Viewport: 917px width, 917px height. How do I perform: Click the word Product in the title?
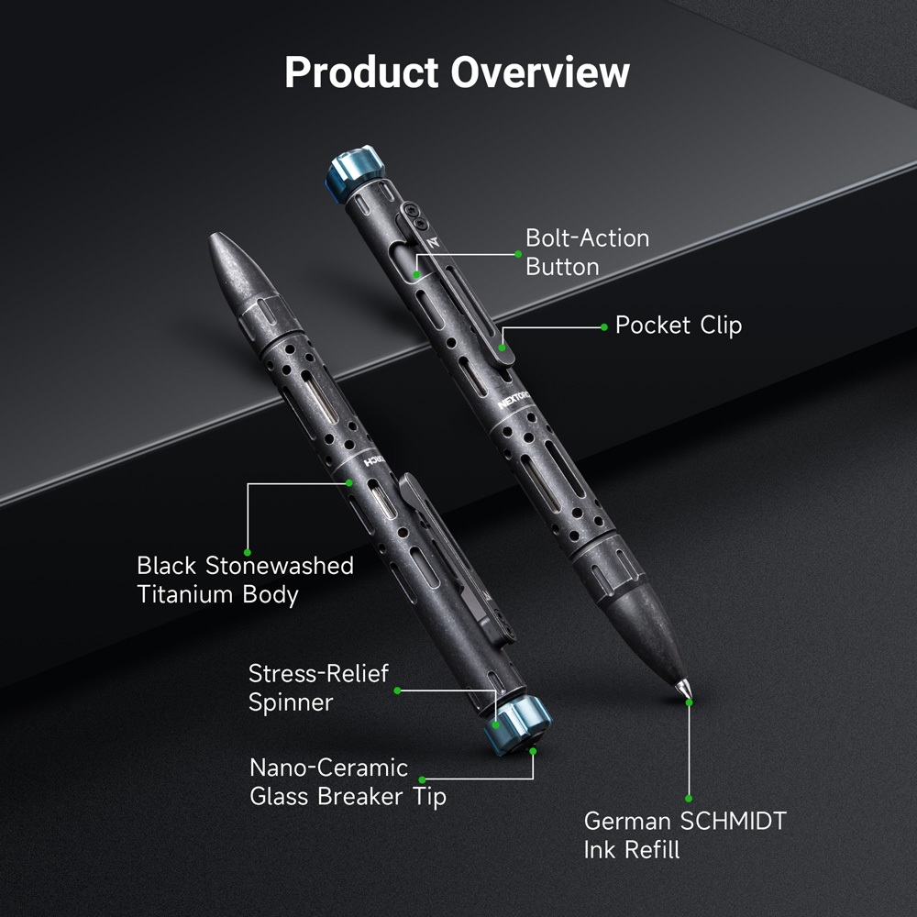pyautogui.click(x=361, y=73)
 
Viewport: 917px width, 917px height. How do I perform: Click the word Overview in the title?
pyautogui.click(x=540, y=72)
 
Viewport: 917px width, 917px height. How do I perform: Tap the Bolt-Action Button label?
pyautogui.click(x=587, y=252)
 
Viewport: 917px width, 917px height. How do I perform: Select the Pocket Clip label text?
pyautogui.click(x=679, y=326)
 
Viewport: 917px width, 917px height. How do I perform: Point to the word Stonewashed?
pyautogui.click(x=279, y=566)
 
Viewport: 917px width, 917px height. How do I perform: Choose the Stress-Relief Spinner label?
pyautogui.click(x=318, y=688)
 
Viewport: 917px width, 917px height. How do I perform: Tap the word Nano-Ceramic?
pyautogui.click(x=328, y=768)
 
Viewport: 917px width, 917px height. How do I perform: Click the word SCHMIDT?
pyautogui.click(x=734, y=821)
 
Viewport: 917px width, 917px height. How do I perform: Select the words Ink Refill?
pyautogui.click(x=632, y=850)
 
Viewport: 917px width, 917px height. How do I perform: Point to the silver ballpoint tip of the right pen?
pyautogui.click(x=684, y=689)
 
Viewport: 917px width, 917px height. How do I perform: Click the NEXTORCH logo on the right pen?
pyautogui.click(x=514, y=400)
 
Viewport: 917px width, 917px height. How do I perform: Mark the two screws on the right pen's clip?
pyautogui.click(x=415, y=215)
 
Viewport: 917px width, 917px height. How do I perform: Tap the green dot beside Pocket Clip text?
pyautogui.click(x=604, y=327)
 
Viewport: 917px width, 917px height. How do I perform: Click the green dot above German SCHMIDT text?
pyautogui.click(x=689, y=799)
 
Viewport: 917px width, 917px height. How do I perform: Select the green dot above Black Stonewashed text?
pyautogui.click(x=247, y=552)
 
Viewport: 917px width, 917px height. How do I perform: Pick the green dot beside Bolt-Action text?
pyautogui.click(x=517, y=254)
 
